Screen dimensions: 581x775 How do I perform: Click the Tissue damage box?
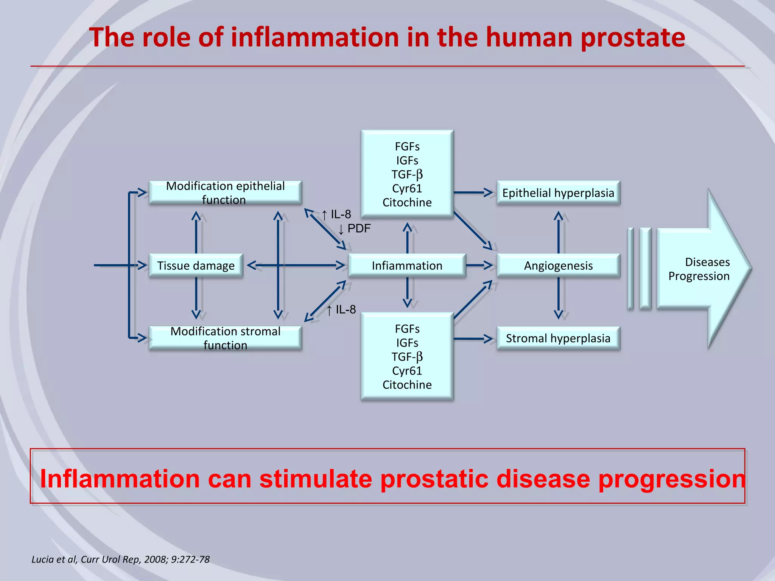pos(196,266)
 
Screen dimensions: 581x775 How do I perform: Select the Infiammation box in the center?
pos(407,266)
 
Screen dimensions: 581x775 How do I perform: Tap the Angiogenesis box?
pos(558,266)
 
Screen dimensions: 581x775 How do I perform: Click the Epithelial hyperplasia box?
pos(558,193)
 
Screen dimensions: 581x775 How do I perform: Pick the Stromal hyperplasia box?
pos(558,338)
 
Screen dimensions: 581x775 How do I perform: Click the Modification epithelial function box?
pos(225,193)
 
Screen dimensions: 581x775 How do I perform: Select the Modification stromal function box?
pos(225,338)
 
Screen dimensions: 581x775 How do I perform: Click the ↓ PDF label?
pos(354,229)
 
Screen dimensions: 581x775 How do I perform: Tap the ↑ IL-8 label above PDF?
pos(336,214)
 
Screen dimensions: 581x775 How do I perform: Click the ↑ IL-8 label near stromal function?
pos(341,310)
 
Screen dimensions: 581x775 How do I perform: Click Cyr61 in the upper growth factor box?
pos(407,188)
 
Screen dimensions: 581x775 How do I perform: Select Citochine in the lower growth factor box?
pos(407,385)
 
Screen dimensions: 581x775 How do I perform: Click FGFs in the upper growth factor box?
pos(407,146)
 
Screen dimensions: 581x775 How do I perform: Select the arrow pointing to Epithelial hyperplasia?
pos(473,193)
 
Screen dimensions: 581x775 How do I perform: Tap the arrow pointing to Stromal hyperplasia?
pos(473,339)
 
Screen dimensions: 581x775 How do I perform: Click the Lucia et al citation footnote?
pos(120,559)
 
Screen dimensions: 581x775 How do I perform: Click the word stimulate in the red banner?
pos(316,479)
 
